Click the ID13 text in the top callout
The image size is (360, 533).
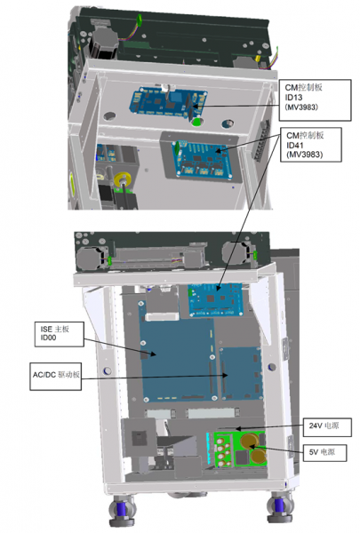[293, 97]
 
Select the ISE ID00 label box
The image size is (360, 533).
[60, 334]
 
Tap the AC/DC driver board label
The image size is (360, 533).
[55, 377]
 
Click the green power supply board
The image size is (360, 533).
[236, 449]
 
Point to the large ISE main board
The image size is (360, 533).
[178, 350]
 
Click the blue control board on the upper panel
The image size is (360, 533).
[168, 101]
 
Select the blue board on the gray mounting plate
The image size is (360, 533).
[204, 159]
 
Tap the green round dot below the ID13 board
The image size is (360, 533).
[196, 122]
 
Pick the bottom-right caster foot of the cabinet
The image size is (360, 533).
[280, 507]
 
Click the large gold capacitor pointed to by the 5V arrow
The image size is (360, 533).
[250, 442]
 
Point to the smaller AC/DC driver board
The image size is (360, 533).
[241, 373]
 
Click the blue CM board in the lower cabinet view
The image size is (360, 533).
[216, 300]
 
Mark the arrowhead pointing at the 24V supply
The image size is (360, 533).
[239, 429]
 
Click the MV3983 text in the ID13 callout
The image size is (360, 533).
[301, 107]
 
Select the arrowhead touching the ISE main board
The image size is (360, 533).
[153, 354]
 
